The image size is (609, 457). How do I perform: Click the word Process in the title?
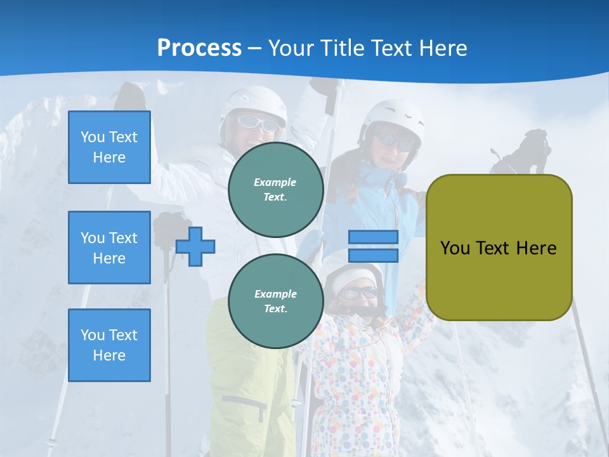(199, 48)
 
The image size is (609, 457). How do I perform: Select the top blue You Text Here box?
(109, 147)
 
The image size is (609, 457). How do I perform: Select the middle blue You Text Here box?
(109, 248)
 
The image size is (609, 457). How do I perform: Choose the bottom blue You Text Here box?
(109, 345)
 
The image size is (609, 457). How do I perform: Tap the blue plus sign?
(195, 246)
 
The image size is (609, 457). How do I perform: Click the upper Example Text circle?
(275, 190)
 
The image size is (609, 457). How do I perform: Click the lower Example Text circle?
(275, 301)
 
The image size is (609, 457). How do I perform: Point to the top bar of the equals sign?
(373, 237)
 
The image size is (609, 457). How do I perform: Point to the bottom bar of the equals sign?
(373, 255)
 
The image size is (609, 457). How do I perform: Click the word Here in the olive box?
(536, 248)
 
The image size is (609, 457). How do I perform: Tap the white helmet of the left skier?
(254, 102)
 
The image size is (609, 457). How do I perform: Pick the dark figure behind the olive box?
(527, 152)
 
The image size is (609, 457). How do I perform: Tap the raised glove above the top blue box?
(130, 95)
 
